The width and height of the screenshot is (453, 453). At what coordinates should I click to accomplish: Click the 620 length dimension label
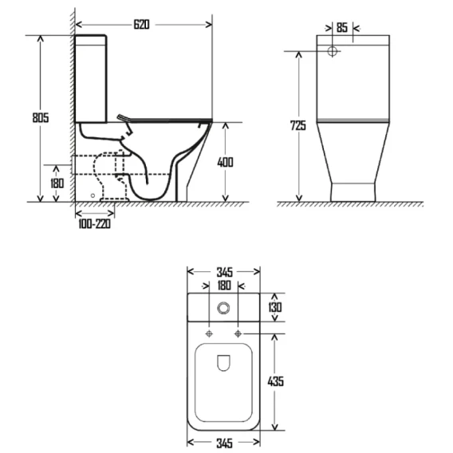pyautogui.click(x=142, y=25)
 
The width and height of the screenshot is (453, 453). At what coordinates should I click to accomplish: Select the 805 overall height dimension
pyautogui.click(x=41, y=117)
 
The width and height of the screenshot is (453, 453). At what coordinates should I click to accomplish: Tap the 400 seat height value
pyautogui.click(x=225, y=163)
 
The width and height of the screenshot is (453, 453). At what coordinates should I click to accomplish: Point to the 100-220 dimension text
pyautogui.click(x=94, y=224)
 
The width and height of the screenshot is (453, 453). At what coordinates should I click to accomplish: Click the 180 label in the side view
pyautogui.click(x=57, y=183)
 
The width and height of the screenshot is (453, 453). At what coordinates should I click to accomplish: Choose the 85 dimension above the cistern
pyautogui.click(x=342, y=28)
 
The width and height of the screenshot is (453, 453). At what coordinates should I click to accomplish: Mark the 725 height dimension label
pyautogui.click(x=297, y=126)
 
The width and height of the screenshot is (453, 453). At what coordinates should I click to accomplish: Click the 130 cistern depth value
pyautogui.click(x=274, y=307)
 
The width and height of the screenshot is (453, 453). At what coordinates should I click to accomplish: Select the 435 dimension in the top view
pyautogui.click(x=276, y=381)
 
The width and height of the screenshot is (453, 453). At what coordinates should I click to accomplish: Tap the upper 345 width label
pyautogui.click(x=225, y=272)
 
